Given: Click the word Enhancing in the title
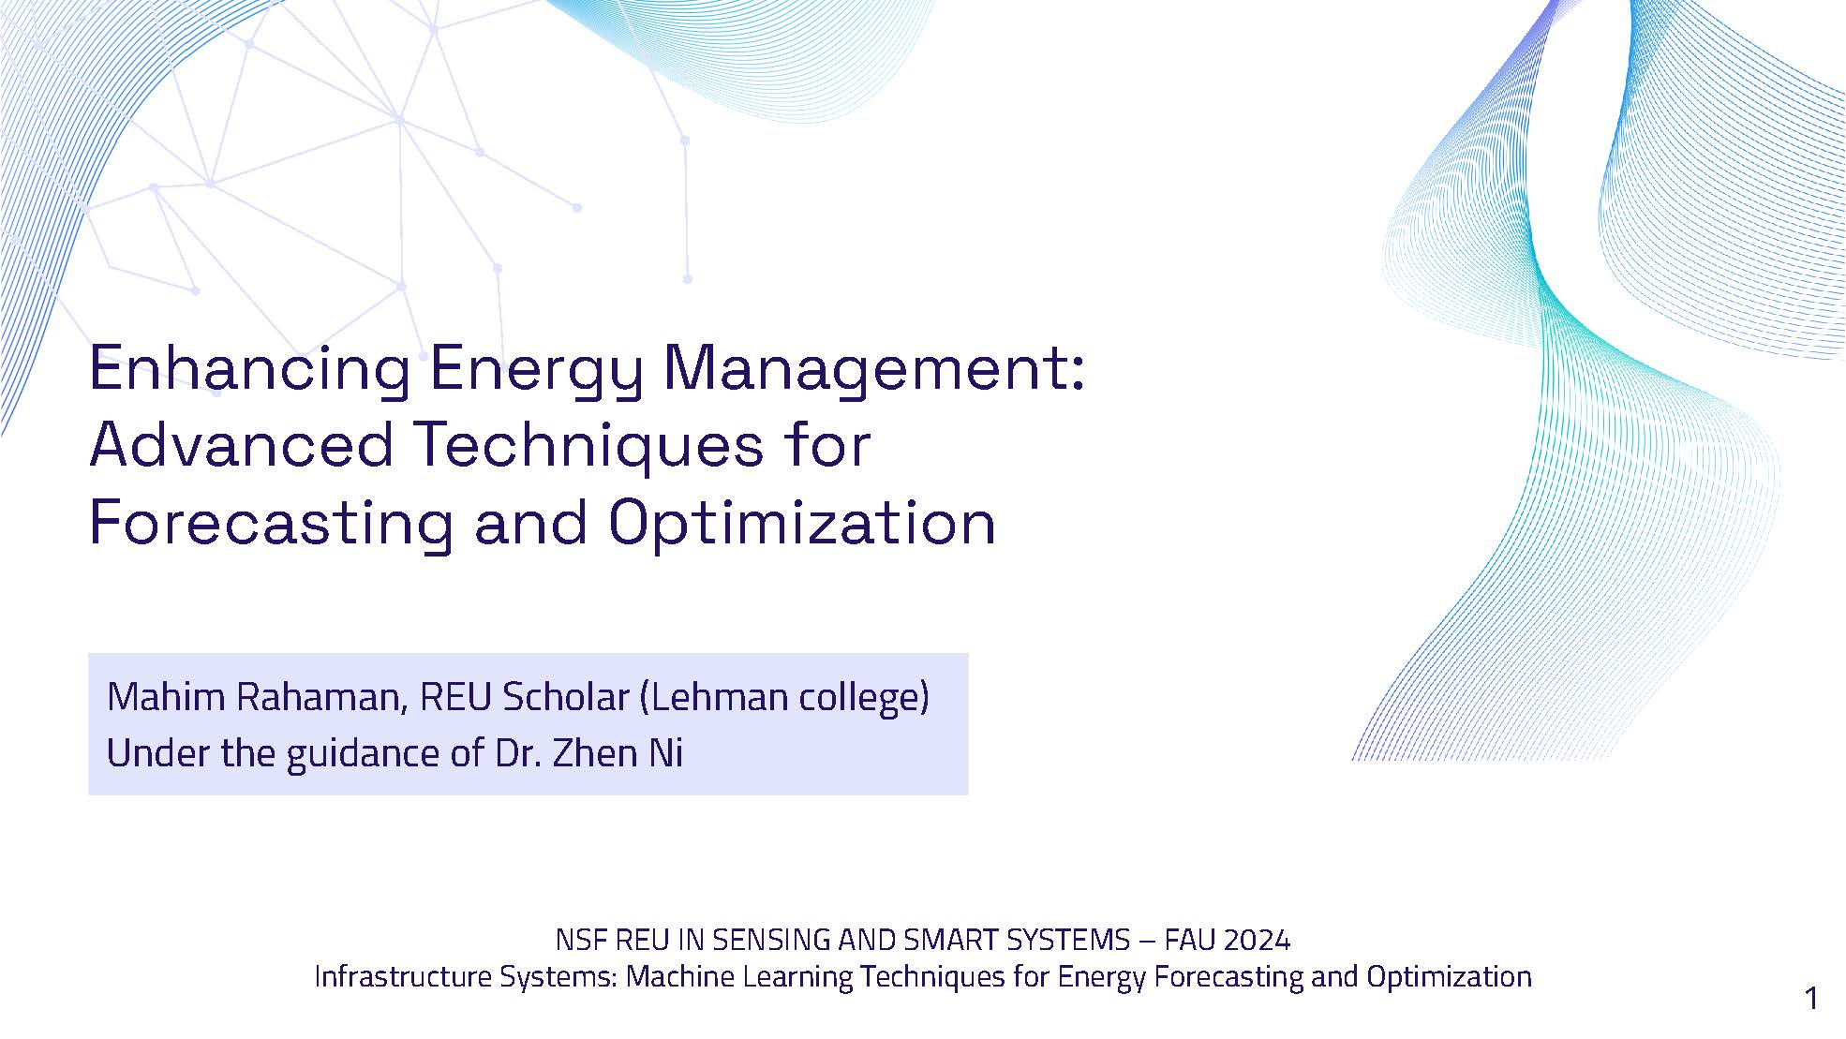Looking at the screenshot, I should tap(249, 368).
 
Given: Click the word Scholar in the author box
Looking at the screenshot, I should tap(564, 698).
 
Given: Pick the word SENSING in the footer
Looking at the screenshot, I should tap(767, 940).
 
